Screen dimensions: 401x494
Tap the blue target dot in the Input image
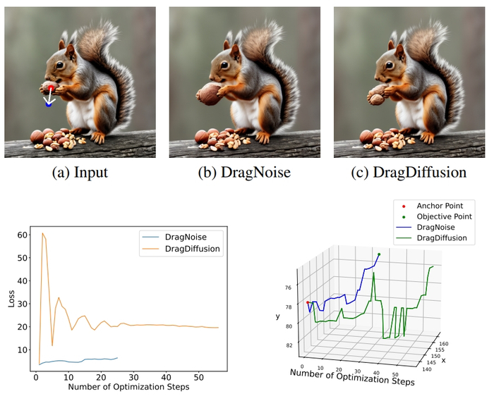pyautogui.click(x=48, y=104)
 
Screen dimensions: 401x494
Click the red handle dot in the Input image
pyautogui.click(x=50, y=87)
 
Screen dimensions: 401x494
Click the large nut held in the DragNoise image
pyautogui.click(x=208, y=94)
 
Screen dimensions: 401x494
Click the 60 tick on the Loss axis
pyautogui.click(x=22, y=235)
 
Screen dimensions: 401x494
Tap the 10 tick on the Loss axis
pyautogui.click(x=22, y=350)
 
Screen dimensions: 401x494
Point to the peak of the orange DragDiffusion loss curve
pyautogui.click(x=42, y=233)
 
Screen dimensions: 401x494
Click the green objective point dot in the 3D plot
pyautogui.click(x=379, y=254)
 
